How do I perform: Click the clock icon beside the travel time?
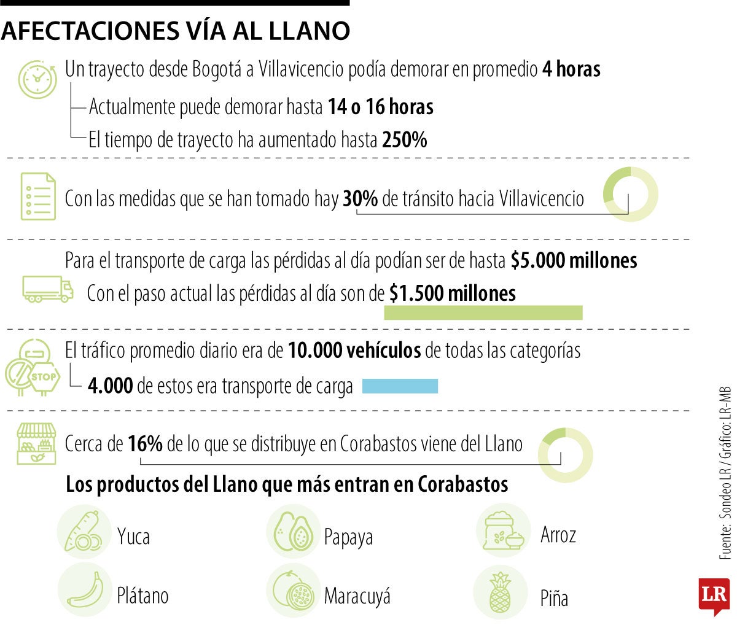(x=37, y=79)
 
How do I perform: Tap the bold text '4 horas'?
(x=571, y=69)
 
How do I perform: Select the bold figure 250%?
(x=404, y=140)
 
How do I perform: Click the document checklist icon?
(x=38, y=196)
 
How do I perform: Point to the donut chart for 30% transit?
(x=630, y=194)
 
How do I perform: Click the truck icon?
(x=48, y=289)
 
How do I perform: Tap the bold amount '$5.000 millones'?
(x=574, y=260)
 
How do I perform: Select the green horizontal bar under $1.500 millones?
(x=483, y=312)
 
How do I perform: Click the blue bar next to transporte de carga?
(x=400, y=386)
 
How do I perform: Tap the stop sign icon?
(x=43, y=377)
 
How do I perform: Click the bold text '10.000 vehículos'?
(x=354, y=351)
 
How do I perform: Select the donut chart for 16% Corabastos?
(x=565, y=455)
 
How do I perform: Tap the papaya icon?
(x=293, y=532)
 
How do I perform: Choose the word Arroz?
(x=558, y=535)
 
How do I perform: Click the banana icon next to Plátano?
(x=85, y=591)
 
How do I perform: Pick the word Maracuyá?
(x=357, y=596)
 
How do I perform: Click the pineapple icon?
(x=501, y=592)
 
